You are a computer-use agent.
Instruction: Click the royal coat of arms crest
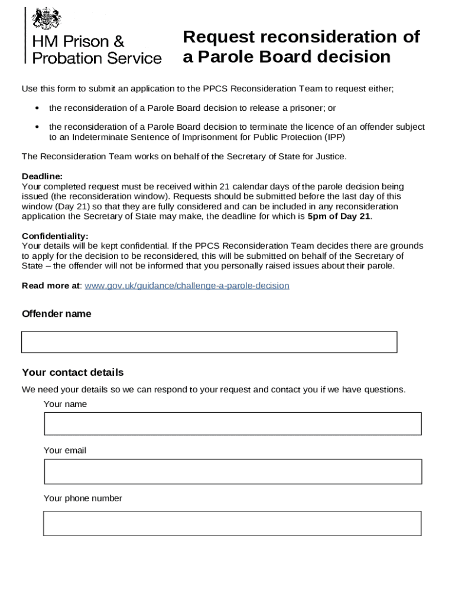[47, 19]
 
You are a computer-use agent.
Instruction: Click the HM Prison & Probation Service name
[96, 50]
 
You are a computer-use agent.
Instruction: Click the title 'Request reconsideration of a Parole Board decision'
[301, 47]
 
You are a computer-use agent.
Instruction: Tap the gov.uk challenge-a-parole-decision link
[187, 285]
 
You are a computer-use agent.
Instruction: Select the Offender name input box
[209, 342]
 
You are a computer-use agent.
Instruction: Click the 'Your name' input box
[232, 424]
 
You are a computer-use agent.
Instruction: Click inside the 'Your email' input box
[232, 472]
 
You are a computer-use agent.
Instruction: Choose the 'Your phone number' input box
[232, 523]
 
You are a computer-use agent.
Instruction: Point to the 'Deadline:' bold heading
[42, 176]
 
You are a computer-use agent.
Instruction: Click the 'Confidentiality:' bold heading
[55, 236]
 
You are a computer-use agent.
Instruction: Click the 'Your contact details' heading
[73, 372]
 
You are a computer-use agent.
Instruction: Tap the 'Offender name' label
[57, 314]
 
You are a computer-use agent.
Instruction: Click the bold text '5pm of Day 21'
[339, 216]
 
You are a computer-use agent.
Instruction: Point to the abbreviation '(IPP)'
[334, 137]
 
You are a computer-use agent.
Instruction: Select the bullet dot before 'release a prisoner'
[37, 109]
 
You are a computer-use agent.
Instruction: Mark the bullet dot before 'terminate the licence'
[37, 127]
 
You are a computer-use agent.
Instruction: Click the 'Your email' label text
[65, 450]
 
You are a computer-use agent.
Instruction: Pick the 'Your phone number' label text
[83, 498]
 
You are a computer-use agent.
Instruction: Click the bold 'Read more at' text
[50, 285]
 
